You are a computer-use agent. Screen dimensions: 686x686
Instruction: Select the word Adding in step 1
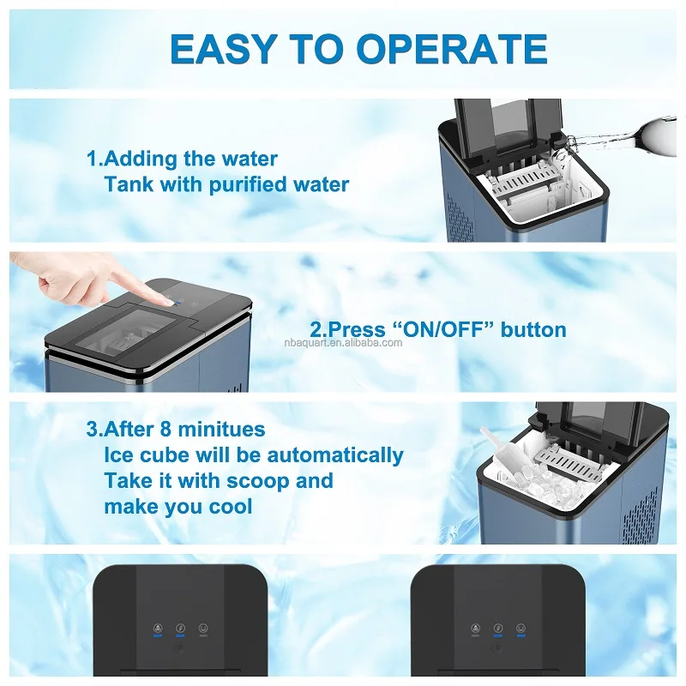tap(141, 159)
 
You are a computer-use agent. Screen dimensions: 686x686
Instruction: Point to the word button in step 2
tap(533, 330)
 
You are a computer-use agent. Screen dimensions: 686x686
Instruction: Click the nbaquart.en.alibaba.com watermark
tap(343, 342)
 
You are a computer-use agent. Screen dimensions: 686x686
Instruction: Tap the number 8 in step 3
tap(165, 430)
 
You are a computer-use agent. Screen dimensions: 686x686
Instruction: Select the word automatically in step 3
tap(335, 456)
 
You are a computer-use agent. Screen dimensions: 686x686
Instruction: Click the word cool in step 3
tap(230, 507)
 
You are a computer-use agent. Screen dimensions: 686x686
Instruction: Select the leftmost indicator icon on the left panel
tap(158, 629)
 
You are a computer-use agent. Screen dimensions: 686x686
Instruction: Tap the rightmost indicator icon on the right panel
tap(521, 629)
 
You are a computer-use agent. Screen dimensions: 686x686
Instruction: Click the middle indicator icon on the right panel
tap(498, 629)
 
